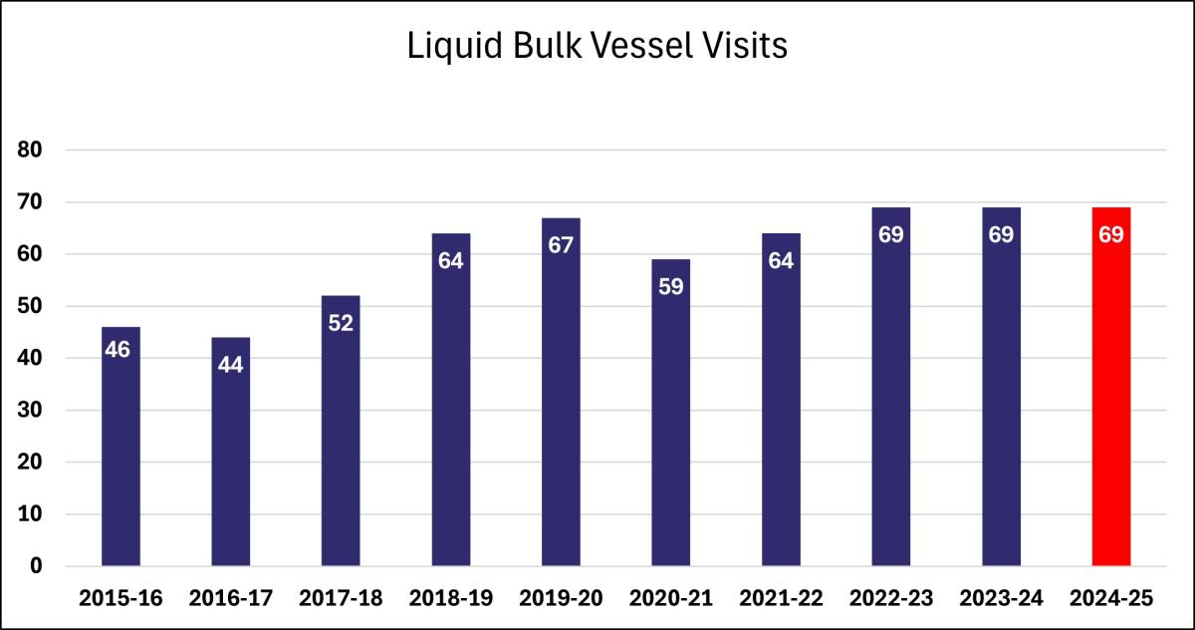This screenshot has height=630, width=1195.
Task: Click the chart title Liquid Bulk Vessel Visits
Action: pos(597,47)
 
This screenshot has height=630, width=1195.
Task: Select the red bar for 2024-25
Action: pos(1111,399)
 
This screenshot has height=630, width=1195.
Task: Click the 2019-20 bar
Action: pos(561,399)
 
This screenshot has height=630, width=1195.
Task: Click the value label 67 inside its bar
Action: pos(561,245)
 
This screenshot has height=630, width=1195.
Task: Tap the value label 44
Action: pos(231,365)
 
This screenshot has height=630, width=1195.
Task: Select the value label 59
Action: pos(671,287)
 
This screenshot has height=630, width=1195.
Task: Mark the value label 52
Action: pos(341,323)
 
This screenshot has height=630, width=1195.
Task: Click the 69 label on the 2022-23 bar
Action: pos(891,235)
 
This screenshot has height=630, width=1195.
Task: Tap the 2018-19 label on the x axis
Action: pos(451,598)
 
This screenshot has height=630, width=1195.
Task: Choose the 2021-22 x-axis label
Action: pos(781,598)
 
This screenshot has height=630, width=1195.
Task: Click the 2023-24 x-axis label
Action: pos(1001,598)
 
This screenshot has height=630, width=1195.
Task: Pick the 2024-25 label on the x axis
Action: pos(1111,598)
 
